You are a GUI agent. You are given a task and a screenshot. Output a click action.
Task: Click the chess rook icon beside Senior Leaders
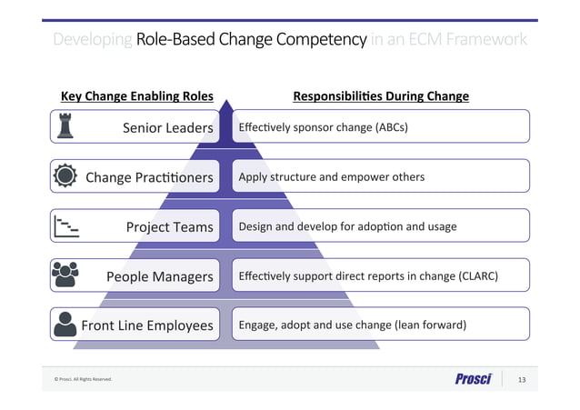click(65, 127)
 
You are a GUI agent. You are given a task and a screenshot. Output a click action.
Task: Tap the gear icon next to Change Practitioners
click(65, 176)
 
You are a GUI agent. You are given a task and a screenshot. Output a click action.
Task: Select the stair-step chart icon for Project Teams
click(65, 225)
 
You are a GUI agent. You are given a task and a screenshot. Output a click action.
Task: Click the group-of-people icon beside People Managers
click(65, 274)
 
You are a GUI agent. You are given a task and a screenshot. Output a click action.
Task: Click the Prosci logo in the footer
click(473, 379)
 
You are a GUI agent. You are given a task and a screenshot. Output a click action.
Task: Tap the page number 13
click(522, 379)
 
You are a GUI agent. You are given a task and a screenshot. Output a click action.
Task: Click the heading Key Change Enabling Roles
click(136, 96)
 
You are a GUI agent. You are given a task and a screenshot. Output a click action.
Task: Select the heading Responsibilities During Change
click(380, 96)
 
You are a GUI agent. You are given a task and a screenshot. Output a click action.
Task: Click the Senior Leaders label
click(167, 128)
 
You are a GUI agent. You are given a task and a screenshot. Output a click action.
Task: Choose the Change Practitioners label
click(149, 177)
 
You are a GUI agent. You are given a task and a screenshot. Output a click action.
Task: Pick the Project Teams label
click(169, 226)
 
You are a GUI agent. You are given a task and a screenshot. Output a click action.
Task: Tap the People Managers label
click(159, 275)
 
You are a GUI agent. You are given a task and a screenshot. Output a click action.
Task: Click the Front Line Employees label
click(147, 325)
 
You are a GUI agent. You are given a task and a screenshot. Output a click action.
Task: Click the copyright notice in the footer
click(83, 379)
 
